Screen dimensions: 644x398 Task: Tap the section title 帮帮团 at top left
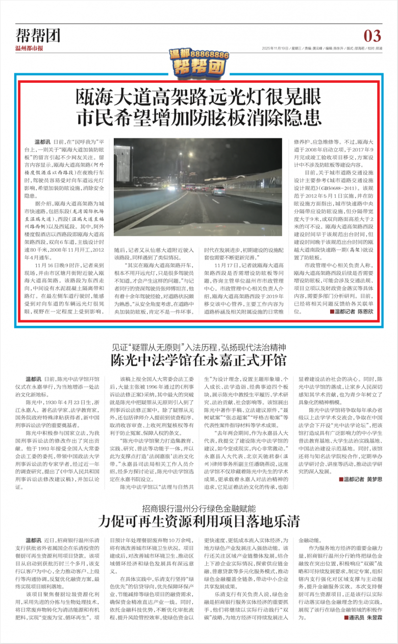[x=38, y=35]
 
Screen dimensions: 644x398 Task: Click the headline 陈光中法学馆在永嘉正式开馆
[x=199, y=360]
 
